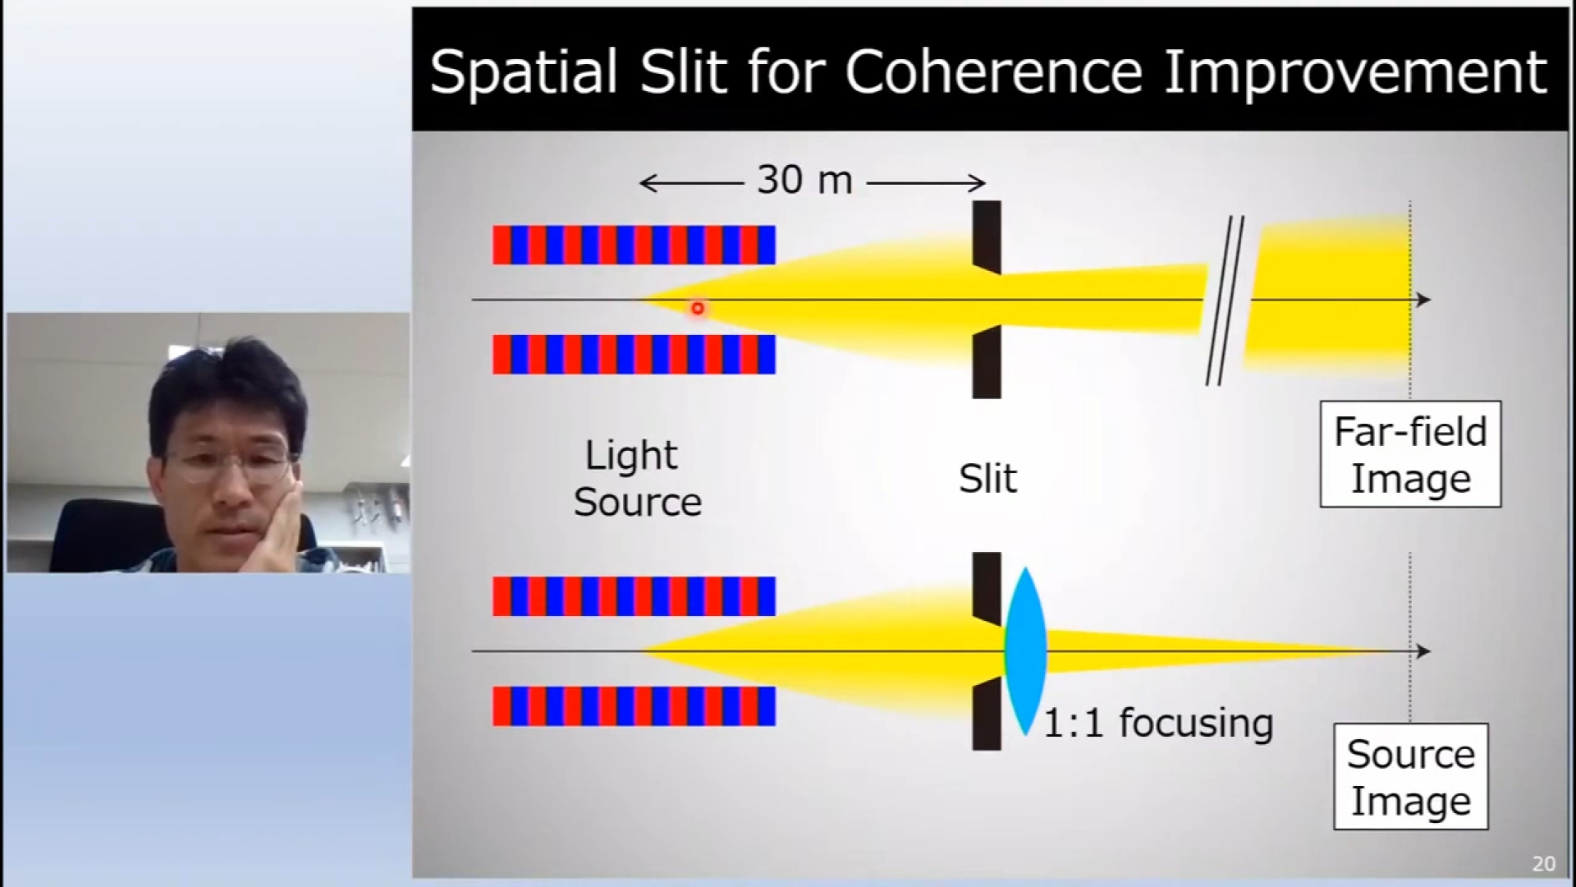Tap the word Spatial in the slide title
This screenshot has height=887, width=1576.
pos(524,72)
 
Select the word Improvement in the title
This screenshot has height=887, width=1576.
pos(1355,72)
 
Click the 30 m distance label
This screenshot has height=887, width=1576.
pos(804,180)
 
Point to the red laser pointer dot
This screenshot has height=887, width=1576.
pos(698,309)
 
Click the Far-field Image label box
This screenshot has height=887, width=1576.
pos(1410,454)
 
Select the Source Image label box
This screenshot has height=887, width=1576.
pos(1410,776)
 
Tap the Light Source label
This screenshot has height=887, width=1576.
pos(637,478)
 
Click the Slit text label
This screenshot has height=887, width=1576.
pos(987,478)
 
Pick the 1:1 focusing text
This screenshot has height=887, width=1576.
pos(1158,723)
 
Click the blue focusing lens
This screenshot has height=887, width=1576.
pos(1024,651)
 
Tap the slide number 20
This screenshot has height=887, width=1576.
pos(1543,863)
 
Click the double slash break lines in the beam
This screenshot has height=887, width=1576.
pos(1224,301)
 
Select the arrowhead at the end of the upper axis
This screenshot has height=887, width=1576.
pos(1423,300)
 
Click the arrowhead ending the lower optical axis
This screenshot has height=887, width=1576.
pos(1423,651)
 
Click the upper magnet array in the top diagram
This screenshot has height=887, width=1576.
pos(634,245)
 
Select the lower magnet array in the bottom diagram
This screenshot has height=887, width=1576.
pos(634,706)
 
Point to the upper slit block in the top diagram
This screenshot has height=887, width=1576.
pos(987,237)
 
